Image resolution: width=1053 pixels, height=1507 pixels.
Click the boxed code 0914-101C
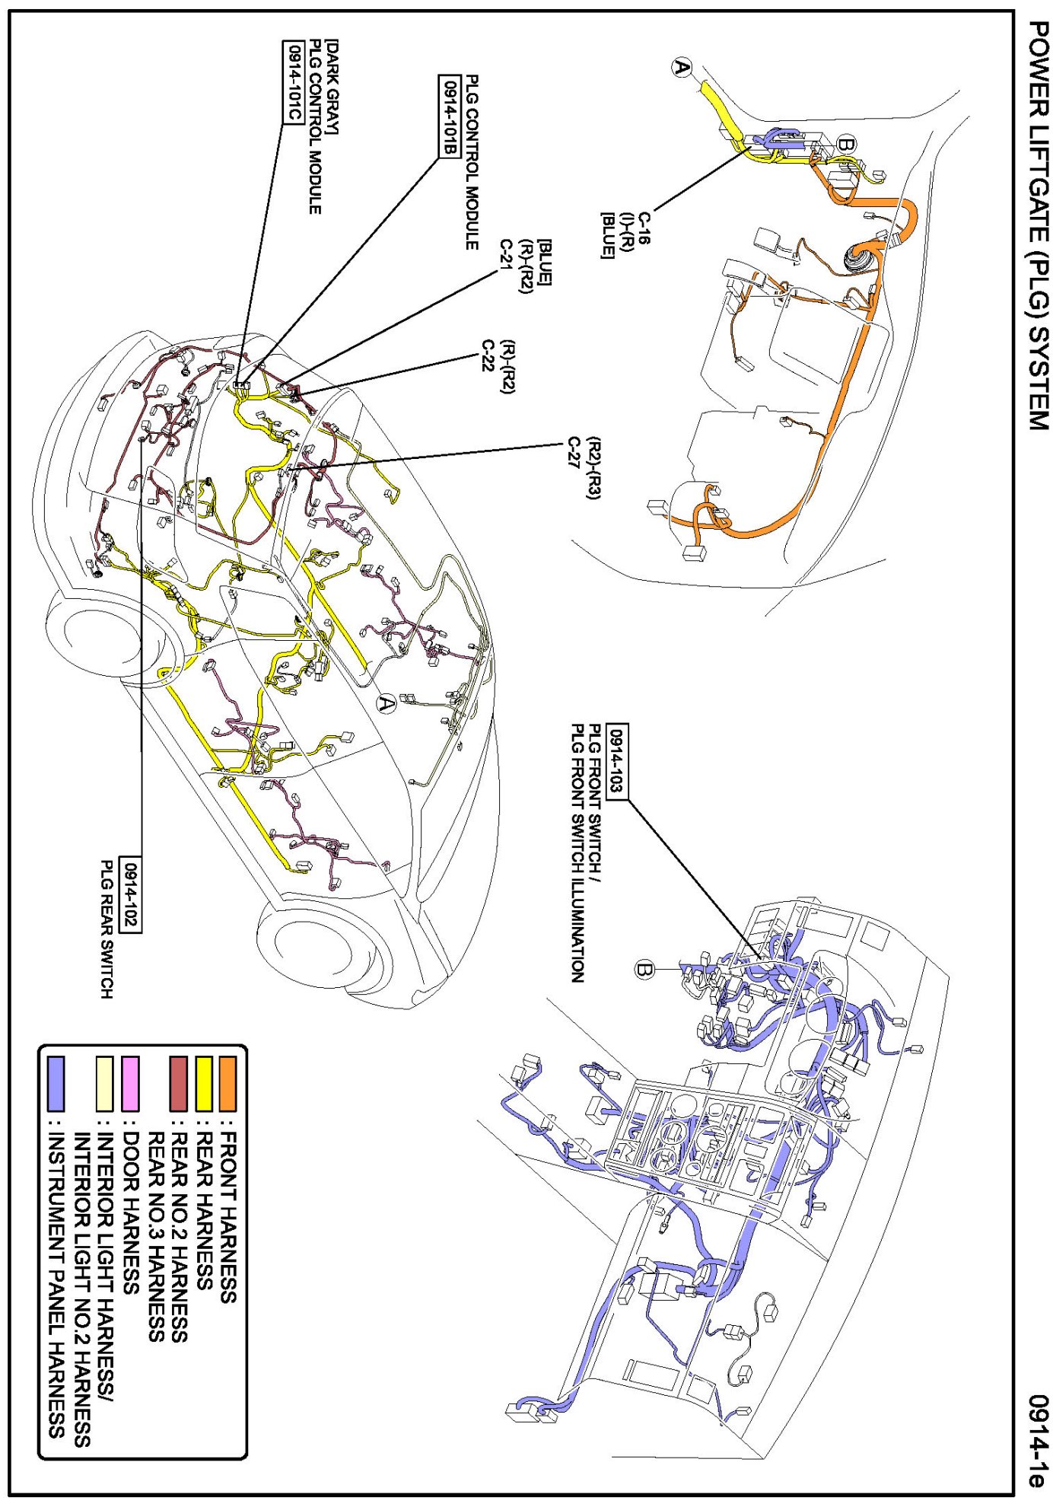[x=291, y=81]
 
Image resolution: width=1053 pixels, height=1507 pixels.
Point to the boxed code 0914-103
[x=618, y=761]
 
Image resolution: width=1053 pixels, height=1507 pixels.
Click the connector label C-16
[x=644, y=228]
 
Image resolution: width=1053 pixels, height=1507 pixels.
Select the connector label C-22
[x=489, y=355]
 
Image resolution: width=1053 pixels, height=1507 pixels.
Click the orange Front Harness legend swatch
[x=227, y=1083]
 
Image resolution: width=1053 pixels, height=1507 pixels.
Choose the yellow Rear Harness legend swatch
[x=204, y=1083]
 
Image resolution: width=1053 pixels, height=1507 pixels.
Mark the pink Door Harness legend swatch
[x=131, y=1083]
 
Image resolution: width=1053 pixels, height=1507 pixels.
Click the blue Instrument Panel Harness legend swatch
[x=56, y=1083]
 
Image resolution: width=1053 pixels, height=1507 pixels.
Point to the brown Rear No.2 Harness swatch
[x=178, y=1083]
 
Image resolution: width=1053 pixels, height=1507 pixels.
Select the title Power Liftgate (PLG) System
[x=1036, y=225]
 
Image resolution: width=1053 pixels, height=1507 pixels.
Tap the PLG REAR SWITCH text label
[x=107, y=929]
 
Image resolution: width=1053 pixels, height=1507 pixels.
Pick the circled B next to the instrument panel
[x=644, y=970]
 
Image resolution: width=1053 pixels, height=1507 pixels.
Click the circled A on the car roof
[x=387, y=704]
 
